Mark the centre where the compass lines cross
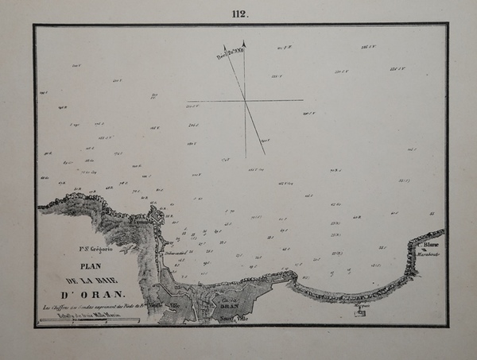245,100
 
